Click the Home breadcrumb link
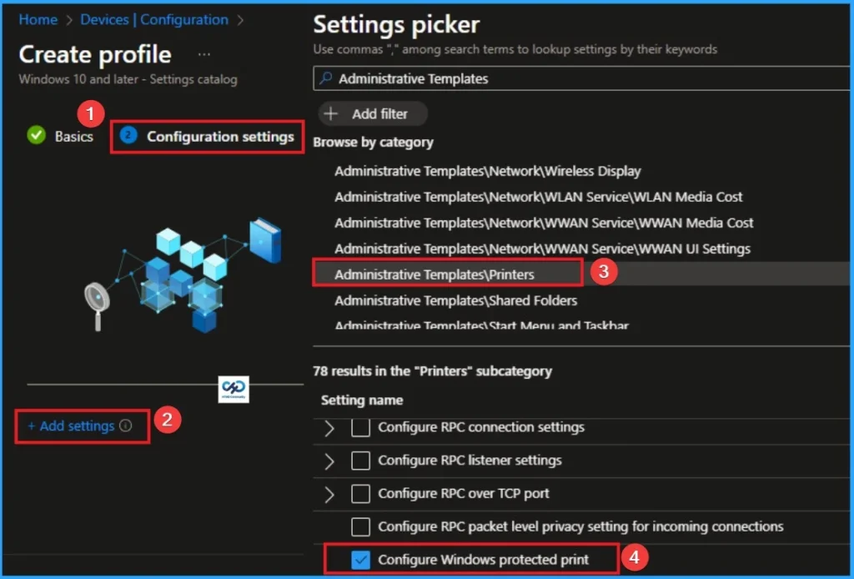tap(38, 20)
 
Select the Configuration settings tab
tap(219, 137)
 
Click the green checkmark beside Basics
tap(36, 136)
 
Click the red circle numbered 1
tap(91, 112)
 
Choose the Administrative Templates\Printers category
tap(435, 274)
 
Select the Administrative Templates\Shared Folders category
tap(455, 300)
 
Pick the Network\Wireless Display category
tap(487, 171)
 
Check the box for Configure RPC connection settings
tap(360, 427)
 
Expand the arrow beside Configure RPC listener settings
tap(329, 461)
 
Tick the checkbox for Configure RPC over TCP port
tap(360, 494)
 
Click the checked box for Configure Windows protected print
tap(360, 560)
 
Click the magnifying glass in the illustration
tap(98, 299)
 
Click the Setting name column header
tap(361, 400)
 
